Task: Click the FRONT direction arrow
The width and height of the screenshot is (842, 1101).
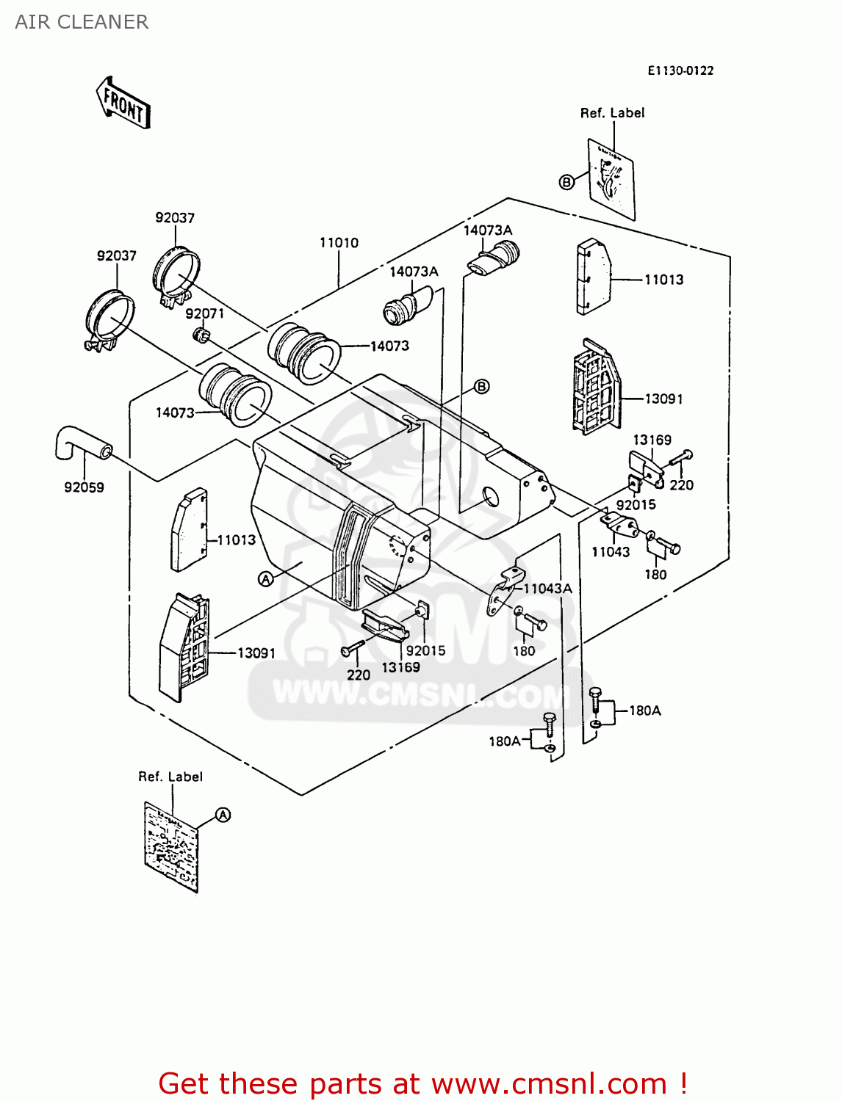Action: [x=123, y=103]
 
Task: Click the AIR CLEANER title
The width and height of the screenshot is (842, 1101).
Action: [x=82, y=22]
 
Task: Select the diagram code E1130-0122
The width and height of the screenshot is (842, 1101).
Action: [x=680, y=70]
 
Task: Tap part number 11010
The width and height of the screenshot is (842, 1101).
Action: [x=339, y=243]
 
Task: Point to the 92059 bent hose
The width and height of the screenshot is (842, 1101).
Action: [x=81, y=443]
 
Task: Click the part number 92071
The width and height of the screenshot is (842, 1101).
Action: [x=204, y=313]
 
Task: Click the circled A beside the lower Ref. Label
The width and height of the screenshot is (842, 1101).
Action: [x=223, y=815]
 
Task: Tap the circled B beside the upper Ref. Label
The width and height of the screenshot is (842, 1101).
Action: [x=566, y=182]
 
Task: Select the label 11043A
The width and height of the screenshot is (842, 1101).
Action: [x=547, y=588]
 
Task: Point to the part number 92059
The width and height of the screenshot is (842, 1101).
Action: [x=84, y=487]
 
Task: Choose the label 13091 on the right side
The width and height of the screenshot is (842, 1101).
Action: [x=663, y=399]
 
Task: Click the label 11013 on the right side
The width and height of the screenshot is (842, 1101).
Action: [x=663, y=280]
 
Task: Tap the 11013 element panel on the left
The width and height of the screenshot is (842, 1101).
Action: [x=189, y=530]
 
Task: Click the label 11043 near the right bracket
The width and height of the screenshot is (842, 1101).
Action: [x=611, y=552]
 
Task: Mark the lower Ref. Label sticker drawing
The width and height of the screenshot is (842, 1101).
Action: [x=171, y=846]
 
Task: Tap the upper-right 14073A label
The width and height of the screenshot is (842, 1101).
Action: [x=488, y=230]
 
